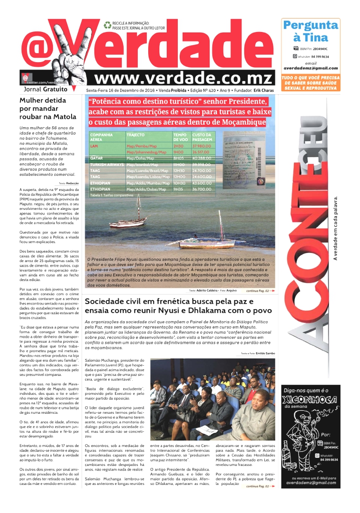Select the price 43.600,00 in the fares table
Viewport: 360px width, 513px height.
pyautogui.click(x=203, y=183)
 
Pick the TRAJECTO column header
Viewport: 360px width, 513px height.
pyautogui.click(x=135, y=135)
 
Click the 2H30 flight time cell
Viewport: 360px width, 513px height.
pyautogui.click(x=179, y=146)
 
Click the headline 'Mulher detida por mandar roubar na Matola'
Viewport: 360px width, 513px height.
pyautogui.click(x=48, y=108)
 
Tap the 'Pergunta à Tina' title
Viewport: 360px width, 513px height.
pyautogui.click(x=310, y=31)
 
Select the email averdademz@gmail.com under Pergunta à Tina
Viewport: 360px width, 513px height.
pyautogui.click(x=310, y=68)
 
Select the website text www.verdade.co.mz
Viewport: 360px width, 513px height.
pyautogui.click(x=183, y=78)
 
